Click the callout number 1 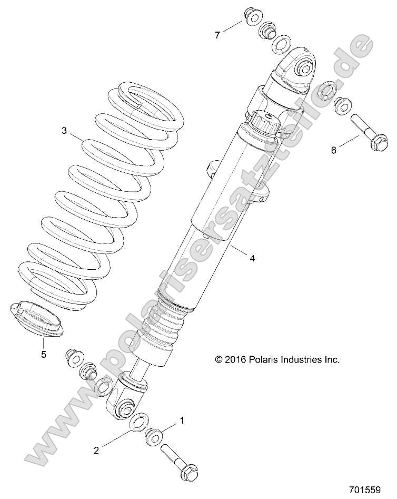182,420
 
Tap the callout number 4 252,258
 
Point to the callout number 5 44,354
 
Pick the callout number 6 333,150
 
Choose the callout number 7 216,35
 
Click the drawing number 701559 364,490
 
